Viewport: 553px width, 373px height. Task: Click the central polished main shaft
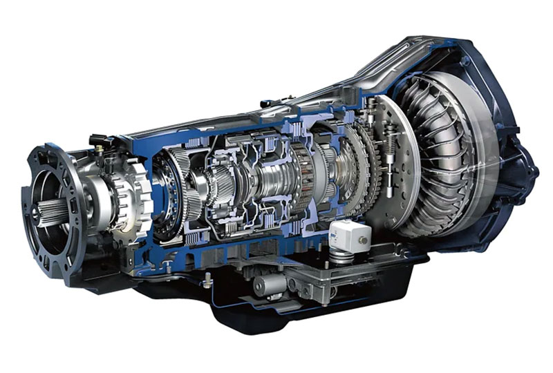pos(270,183)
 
